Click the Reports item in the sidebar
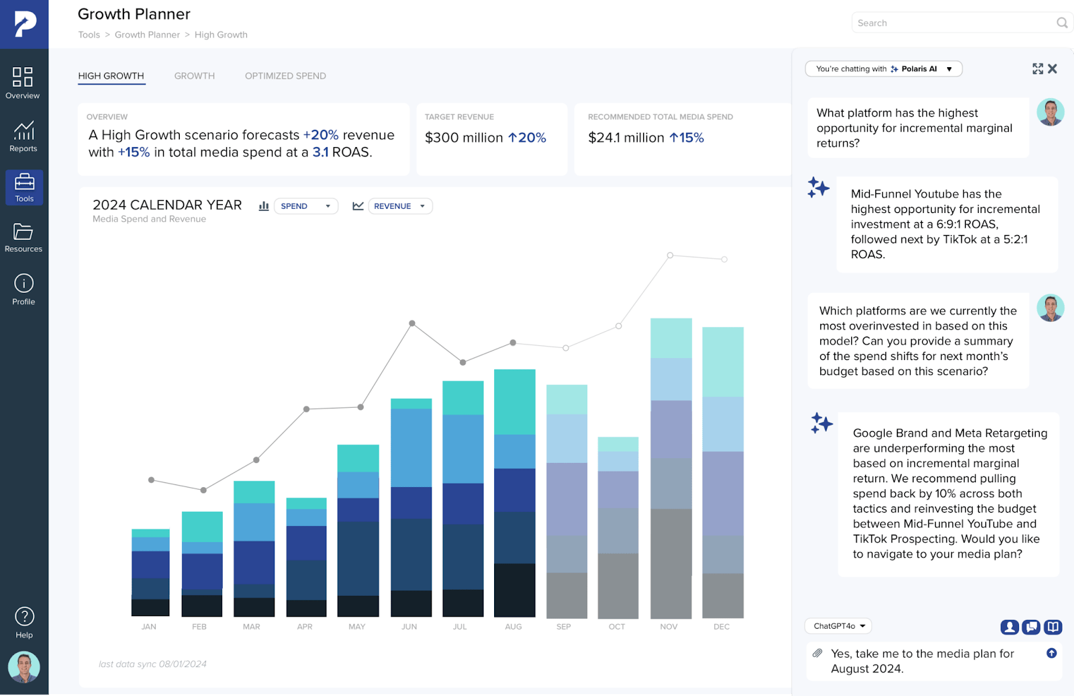pos(23,136)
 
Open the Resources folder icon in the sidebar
pos(23,232)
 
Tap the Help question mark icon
pos(24,616)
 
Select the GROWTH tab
pos(195,76)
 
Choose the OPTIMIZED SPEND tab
pos(285,76)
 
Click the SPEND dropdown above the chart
pos(305,206)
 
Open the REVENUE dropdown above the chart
pos(399,206)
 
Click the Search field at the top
pos(953,23)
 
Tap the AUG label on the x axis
pos(514,627)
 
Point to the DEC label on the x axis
pos(722,627)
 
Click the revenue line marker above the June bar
pos(412,323)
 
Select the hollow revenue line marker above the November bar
pos(670,255)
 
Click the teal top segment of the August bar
pos(515,402)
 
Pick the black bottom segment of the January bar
pos(150,607)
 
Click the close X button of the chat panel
pos(1053,69)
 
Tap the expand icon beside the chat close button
pos(1038,69)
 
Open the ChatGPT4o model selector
pos(838,626)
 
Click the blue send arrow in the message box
pos(1052,653)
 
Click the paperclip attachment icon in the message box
pos(818,653)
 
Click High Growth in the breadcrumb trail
pos(221,35)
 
